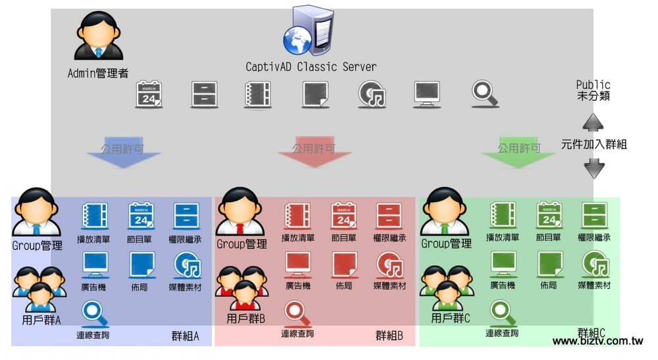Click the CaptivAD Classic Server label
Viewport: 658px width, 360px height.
[311, 67]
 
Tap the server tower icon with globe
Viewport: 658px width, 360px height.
[307, 31]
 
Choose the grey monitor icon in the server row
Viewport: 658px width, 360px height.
[427, 95]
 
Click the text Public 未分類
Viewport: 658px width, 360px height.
[593, 90]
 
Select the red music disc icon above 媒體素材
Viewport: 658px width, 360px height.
[390, 265]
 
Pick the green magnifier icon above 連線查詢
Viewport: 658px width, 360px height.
[502, 312]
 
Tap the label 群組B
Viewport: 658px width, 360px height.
[389, 336]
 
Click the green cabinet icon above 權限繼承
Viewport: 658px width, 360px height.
[594, 215]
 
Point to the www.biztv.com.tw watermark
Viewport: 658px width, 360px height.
[597, 342]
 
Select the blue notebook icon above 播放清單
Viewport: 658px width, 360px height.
[93, 215]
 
